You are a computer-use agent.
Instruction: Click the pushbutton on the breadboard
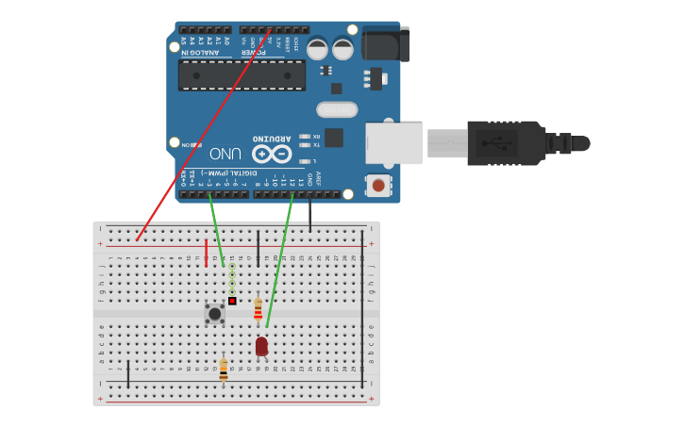[x=215, y=314]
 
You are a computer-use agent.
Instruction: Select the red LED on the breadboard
[x=261, y=347]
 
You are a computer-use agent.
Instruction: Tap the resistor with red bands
[x=258, y=309]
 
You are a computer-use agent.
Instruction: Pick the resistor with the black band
[x=224, y=369]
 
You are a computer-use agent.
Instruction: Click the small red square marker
[x=232, y=301]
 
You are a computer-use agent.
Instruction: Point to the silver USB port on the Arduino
[x=394, y=142]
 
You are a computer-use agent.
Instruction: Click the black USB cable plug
[x=509, y=143]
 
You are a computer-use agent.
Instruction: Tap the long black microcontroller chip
[x=242, y=75]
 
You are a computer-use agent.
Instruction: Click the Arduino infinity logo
[x=272, y=153]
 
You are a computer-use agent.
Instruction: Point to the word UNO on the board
[x=225, y=154]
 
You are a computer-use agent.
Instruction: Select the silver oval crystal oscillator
[x=337, y=109]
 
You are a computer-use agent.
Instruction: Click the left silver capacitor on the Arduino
[x=318, y=48]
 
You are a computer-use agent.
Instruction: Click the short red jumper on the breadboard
[x=206, y=252]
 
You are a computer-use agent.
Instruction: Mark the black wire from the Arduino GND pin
[x=310, y=215]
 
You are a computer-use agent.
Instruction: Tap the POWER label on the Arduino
[x=254, y=53]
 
